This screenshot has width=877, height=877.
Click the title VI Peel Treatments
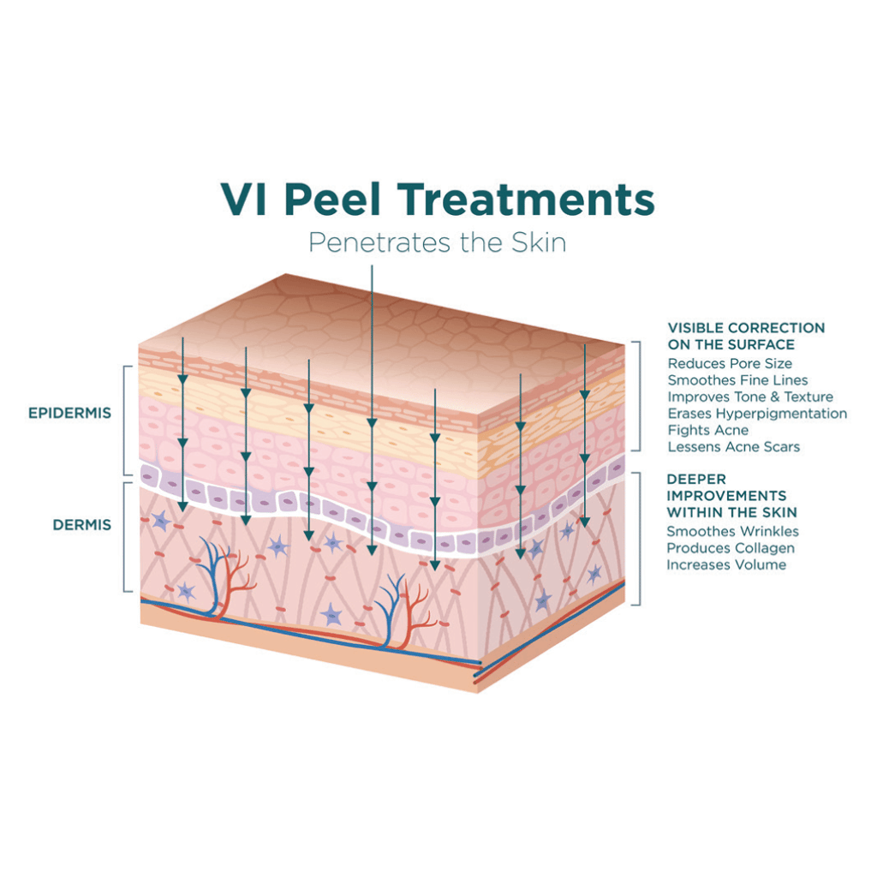438,200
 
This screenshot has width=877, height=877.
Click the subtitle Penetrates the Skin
438,242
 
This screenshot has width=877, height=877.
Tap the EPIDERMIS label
70,413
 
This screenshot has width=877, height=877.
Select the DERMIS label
82,525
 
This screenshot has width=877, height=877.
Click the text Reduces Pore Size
730,363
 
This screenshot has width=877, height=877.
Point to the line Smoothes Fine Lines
737,380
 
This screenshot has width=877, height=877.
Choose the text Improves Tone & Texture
750,397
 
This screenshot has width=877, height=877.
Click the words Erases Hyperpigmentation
757,414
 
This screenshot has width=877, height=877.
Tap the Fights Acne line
708,430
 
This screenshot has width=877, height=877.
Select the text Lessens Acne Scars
734,447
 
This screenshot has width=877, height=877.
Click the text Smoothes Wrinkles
733,531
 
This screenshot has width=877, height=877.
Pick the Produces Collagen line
731,548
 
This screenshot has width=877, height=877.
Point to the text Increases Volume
726,565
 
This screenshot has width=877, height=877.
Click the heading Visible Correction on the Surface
746,336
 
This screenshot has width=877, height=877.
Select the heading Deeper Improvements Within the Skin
731,496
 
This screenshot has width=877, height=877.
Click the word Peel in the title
333,200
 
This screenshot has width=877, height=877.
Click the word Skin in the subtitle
539,242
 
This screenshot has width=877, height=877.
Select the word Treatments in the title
527,200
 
